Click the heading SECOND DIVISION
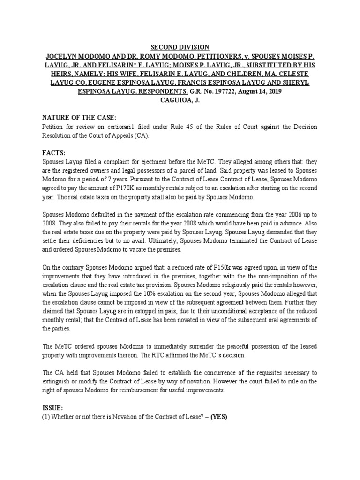tap(180, 47)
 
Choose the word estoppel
tap(132, 311)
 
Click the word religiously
tap(221, 285)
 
